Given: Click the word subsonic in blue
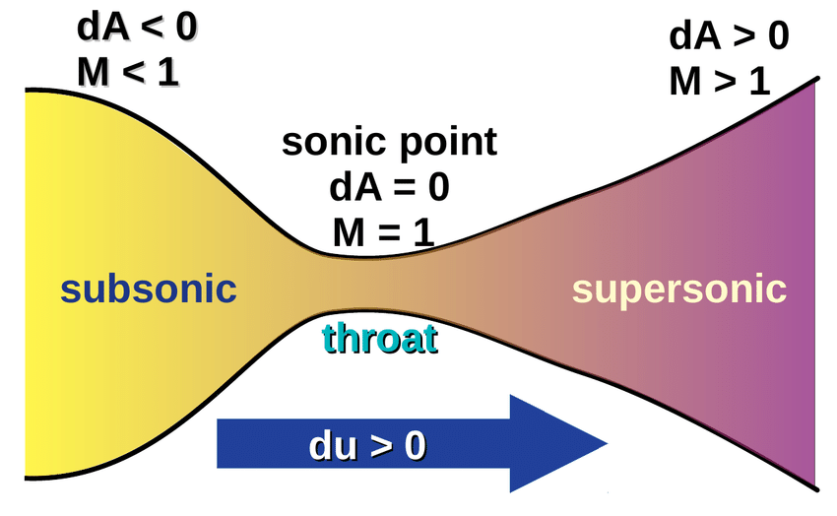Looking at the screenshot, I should [x=149, y=290].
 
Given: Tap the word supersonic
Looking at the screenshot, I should [x=679, y=290].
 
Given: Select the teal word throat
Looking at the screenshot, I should [x=380, y=339].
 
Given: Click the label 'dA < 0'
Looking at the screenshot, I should [x=136, y=27].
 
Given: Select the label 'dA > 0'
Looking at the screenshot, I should [x=729, y=36].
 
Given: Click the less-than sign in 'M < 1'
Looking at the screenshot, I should [x=131, y=73].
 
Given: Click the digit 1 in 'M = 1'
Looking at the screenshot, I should [x=424, y=232].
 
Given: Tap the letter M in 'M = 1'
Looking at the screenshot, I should [x=350, y=232].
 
